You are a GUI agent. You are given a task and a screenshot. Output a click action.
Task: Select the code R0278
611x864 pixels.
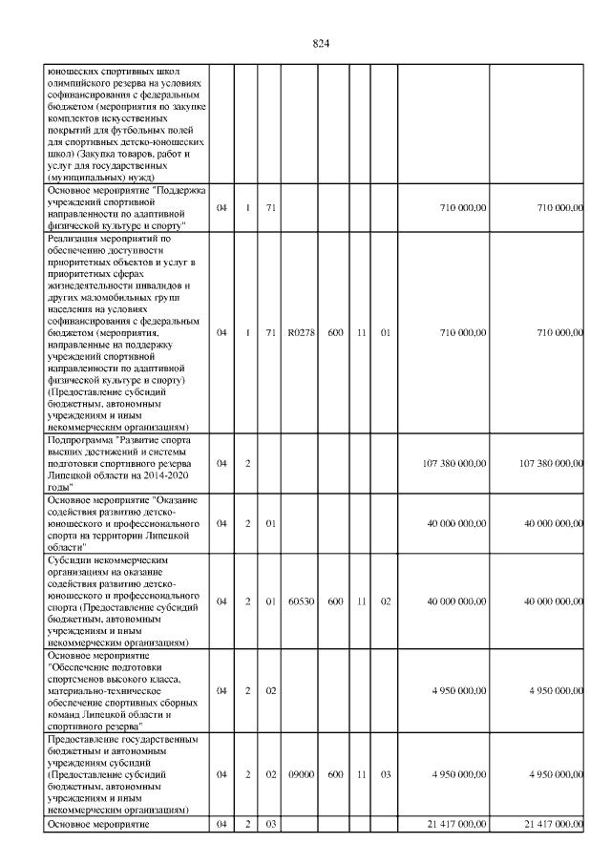[300, 333]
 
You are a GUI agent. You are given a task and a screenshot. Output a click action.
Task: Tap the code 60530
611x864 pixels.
[300, 601]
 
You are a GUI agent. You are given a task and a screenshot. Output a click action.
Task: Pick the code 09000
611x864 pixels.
[300, 774]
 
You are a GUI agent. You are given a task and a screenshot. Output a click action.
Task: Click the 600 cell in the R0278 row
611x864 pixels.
[335, 333]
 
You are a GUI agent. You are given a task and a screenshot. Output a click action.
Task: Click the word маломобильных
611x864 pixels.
[122, 297]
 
